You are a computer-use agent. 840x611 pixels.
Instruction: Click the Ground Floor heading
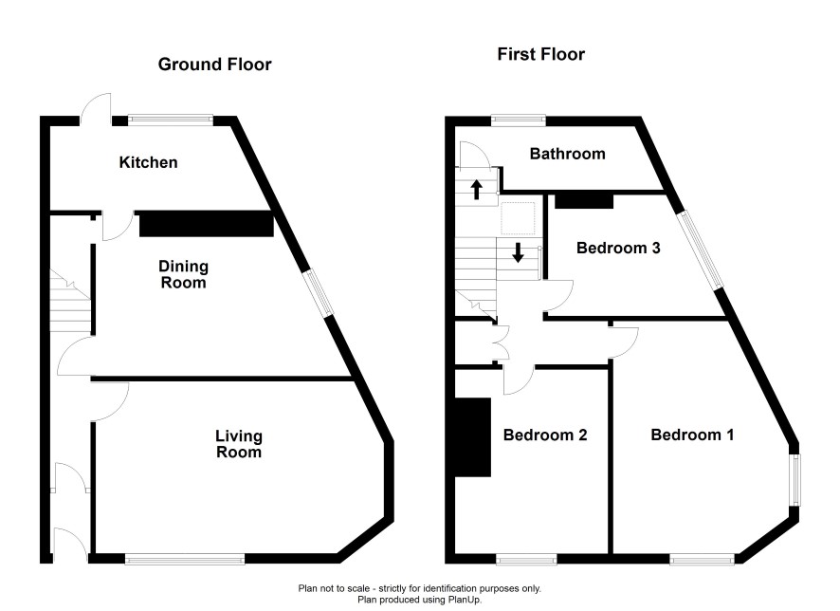[x=215, y=65]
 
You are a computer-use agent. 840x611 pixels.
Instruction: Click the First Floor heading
[x=541, y=54]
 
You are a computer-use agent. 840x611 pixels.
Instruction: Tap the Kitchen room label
[x=149, y=162]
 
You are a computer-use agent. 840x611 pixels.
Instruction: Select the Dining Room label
[x=184, y=274]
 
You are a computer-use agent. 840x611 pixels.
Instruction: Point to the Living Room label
[x=239, y=444]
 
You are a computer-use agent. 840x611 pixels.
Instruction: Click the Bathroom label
[x=568, y=154]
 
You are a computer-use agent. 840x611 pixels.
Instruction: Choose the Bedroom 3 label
[x=618, y=249]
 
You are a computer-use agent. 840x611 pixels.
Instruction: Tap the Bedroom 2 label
[x=545, y=435]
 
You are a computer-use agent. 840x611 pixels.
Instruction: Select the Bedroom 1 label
[x=692, y=435]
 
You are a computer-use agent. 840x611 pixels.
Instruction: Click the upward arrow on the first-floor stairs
[x=476, y=189]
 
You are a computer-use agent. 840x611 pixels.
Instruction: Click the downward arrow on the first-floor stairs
[x=518, y=252]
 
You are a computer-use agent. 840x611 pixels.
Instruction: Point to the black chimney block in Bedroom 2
[x=473, y=436]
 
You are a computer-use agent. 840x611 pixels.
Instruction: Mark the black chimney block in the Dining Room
[x=207, y=224]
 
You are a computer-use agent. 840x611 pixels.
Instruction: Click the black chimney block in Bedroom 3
[x=584, y=200]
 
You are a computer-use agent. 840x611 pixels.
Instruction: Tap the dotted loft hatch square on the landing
[x=518, y=218]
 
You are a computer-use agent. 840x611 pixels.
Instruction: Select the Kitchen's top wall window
[x=171, y=120]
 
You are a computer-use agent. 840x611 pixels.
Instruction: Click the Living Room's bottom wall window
[x=185, y=559]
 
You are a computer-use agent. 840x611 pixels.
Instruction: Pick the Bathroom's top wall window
[x=519, y=120]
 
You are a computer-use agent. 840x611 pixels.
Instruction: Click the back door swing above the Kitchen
[x=97, y=107]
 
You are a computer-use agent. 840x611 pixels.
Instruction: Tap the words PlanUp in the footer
[x=466, y=600]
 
